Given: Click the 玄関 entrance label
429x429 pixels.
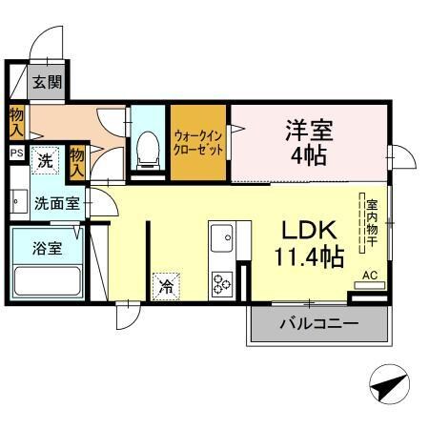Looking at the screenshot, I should (47, 83).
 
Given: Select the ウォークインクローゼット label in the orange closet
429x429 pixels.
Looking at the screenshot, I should (198, 143).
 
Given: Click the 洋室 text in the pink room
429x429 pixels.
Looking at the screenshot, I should (310, 130).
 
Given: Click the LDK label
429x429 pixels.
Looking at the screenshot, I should (307, 231).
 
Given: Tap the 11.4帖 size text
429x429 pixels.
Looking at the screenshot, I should (307, 256).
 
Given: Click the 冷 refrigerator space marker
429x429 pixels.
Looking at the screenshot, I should (167, 285).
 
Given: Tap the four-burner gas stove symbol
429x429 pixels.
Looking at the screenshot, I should (223, 282).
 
